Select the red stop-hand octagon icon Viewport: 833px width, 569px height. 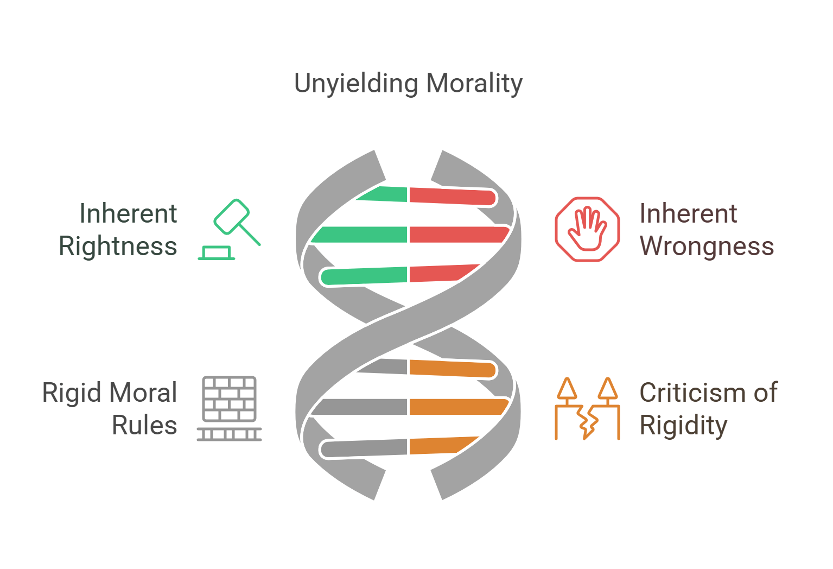click(587, 229)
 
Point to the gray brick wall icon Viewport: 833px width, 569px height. click(229, 408)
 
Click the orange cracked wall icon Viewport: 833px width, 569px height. click(587, 408)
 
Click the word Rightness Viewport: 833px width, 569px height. click(118, 246)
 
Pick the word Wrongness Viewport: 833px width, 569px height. click(707, 246)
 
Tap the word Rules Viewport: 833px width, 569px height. click(144, 426)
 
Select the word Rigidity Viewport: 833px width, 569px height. click(683, 426)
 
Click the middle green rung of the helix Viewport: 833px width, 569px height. click(361, 235)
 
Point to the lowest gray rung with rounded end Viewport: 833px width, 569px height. click(364, 448)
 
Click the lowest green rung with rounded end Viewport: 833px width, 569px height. click(364, 276)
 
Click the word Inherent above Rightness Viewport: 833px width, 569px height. click(128, 213)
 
